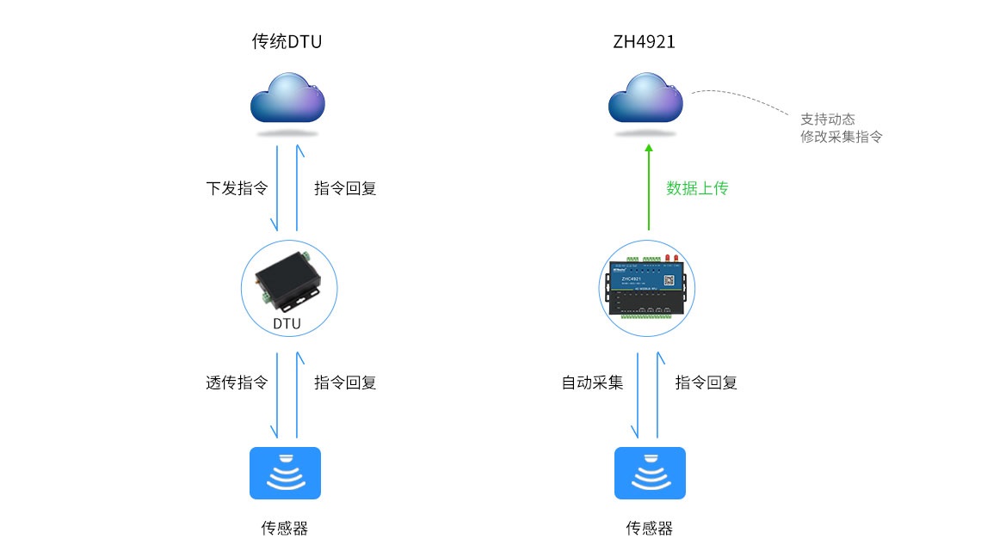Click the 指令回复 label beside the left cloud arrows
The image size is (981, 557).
tap(345, 188)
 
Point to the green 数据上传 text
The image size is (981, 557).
tap(697, 188)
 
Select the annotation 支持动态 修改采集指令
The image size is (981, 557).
tap(841, 128)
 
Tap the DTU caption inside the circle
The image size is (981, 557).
tap(287, 323)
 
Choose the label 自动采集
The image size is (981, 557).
tap(593, 383)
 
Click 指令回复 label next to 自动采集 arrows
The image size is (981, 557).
tap(706, 383)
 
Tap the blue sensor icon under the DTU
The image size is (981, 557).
tap(285, 473)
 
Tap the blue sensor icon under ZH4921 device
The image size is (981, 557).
tap(650, 473)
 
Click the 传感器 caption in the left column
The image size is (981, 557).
tap(285, 528)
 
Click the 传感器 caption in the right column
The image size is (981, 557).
tap(650, 528)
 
